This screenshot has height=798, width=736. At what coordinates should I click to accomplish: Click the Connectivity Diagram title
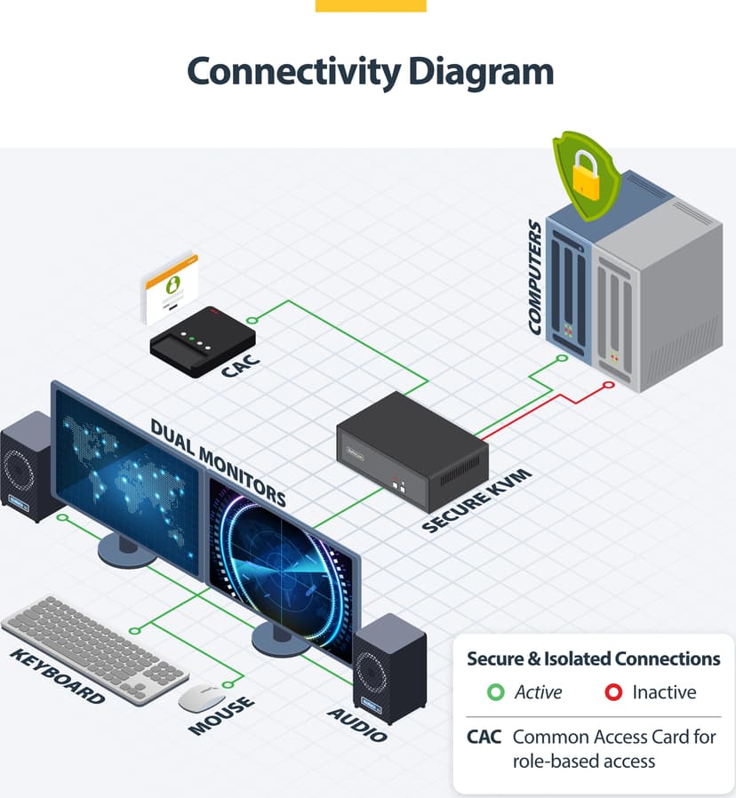click(x=371, y=72)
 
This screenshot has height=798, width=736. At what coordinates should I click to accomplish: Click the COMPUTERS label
click(x=535, y=277)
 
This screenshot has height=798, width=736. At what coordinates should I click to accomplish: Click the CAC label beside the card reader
click(x=241, y=366)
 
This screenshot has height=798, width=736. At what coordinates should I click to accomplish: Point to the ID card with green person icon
click(x=170, y=288)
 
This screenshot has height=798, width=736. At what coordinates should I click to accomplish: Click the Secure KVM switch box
click(x=412, y=451)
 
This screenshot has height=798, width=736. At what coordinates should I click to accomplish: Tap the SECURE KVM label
click(x=477, y=501)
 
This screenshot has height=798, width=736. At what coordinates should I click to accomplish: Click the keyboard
click(x=95, y=649)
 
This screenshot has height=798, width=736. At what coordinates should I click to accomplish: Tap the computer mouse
click(x=202, y=698)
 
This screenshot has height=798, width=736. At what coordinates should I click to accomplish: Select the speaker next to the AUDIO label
click(x=389, y=668)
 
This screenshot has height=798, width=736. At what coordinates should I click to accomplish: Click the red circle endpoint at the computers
click(x=608, y=386)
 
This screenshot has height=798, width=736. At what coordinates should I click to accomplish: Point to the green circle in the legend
click(x=495, y=692)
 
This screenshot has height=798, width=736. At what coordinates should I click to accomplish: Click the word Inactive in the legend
click(x=664, y=692)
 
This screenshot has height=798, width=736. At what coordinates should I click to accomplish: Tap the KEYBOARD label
click(x=58, y=676)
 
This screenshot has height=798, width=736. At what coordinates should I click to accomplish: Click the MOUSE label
click(x=222, y=715)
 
